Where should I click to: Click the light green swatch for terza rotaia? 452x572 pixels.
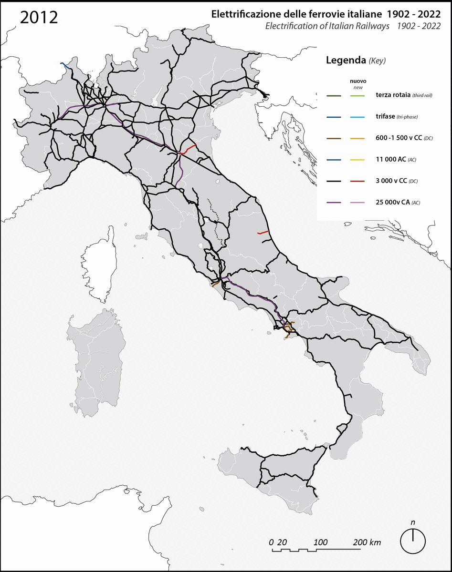pyautogui.click(x=358, y=96)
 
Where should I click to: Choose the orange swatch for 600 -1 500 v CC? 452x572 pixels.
pyautogui.click(x=358, y=139)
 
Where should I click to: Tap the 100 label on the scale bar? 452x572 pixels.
pyautogui.click(x=321, y=542)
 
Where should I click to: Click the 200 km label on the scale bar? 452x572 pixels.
pyautogui.click(x=367, y=542)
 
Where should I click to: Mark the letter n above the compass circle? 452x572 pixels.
pyautogui.click(x=413, y=522)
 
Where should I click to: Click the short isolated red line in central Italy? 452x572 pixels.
pyautogui.click(x=263, y=233)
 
